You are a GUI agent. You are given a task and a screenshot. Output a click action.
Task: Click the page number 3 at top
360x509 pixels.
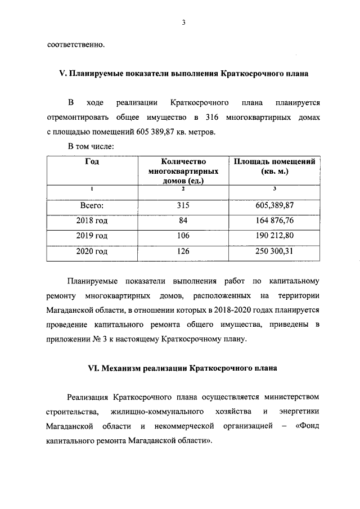[183, 22]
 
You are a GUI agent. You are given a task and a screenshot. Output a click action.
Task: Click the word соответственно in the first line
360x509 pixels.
[75, 44]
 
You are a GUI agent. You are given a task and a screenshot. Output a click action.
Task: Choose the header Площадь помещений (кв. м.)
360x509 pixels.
[275, 166]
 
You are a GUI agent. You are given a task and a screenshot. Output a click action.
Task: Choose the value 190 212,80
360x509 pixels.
[275, 236]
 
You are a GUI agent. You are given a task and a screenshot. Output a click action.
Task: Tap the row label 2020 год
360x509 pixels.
[92, 251]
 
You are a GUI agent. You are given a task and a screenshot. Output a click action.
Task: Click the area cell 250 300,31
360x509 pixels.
[275, 251]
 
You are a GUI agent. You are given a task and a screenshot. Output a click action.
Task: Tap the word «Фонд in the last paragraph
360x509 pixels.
[307, 427]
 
